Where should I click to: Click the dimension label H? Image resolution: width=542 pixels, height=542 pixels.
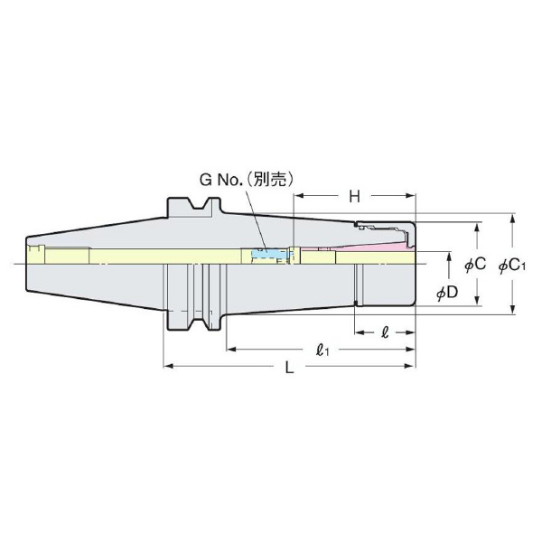pos(355,196)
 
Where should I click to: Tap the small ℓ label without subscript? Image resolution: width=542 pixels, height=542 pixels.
pos(386,332)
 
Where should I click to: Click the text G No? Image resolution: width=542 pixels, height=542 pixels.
pos(220,180)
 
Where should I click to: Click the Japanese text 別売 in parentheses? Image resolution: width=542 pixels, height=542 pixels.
pos(274,180)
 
